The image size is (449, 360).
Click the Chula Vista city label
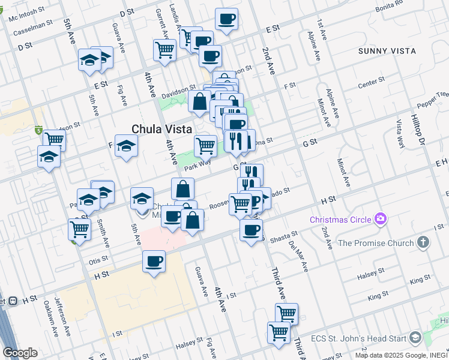pos(161,129)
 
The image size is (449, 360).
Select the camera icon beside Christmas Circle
pos(379,219)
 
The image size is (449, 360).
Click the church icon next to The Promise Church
pos(423,243)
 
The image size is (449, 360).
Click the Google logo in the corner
pos(20,353)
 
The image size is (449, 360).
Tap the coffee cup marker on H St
pos(154,262)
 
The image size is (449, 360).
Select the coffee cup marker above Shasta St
pos(251,229)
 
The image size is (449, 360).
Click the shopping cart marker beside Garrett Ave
pos(164,50)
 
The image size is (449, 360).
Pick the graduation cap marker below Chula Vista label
pos(126,146)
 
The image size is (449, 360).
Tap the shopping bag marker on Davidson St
pos(199,101)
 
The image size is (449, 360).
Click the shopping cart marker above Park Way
pos(205,145)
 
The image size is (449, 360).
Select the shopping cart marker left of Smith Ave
pos(79,229)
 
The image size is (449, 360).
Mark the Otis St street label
pos(98,260)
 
